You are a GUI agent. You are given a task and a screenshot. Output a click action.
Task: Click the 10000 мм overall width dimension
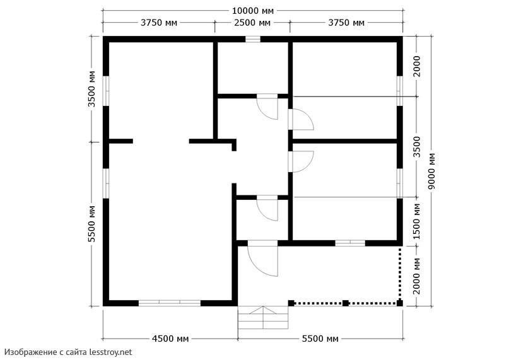[253, 11]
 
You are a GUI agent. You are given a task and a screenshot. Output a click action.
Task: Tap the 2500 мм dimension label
[252, 23]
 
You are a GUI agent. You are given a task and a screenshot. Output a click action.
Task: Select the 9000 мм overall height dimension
[432, 171]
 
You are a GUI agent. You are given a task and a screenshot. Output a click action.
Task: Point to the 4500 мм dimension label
[170, 339]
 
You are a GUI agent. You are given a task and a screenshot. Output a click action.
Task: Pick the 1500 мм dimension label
[417, 222]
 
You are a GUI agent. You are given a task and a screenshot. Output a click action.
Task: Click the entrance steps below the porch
[263, 318]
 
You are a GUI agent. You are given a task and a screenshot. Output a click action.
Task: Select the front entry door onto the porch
[262, 258]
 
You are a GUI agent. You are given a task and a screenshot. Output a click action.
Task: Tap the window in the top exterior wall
[252, 39]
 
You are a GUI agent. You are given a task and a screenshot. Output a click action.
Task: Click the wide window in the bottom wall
[170, 303]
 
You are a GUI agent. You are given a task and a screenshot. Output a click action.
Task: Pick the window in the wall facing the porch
[350, 243]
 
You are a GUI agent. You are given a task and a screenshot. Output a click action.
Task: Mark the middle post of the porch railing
[346, 303]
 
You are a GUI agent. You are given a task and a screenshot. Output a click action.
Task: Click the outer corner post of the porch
[400, 303]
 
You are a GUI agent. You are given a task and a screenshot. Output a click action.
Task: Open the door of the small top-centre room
[267, 107]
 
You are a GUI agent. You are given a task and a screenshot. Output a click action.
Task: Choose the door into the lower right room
[301, 161]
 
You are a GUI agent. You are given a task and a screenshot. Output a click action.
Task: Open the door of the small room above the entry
[267, 208]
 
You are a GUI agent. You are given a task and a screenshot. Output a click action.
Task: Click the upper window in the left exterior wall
[106, 91]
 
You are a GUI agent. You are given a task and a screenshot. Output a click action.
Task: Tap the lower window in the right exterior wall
[400, 183]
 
